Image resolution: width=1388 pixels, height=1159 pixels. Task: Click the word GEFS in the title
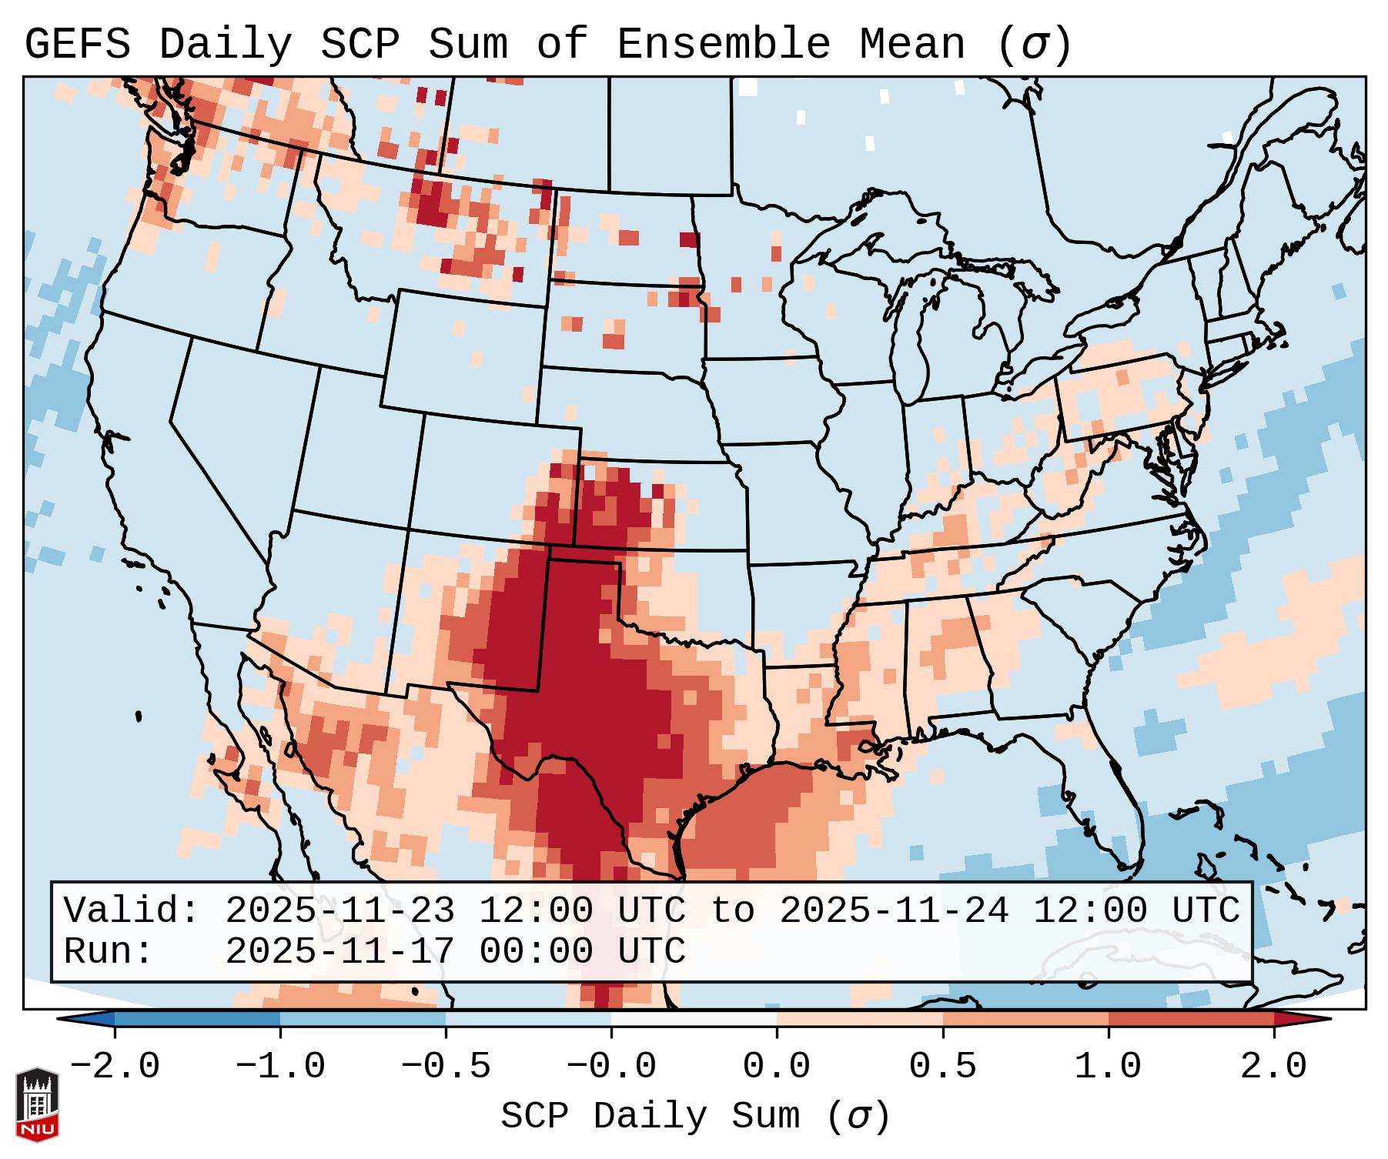[77, 45]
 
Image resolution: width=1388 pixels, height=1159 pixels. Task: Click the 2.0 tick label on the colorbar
[1274, 1067]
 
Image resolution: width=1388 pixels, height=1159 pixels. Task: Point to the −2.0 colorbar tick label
[115, 1067]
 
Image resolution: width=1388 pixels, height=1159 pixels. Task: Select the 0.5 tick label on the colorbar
[942, 1067]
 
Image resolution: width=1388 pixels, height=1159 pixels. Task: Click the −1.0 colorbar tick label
[280, 1067]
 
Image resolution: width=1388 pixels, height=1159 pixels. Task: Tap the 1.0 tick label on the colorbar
[1108, 1067]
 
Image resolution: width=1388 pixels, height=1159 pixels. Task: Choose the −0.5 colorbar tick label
[446, 1067]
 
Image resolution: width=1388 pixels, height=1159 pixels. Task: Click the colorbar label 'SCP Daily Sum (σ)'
[695, 1117]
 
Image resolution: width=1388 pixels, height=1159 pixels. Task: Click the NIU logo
[37, 1104]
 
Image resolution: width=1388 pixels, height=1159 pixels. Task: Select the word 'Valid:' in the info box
[132, 910]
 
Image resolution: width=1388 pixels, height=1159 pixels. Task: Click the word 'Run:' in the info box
[109, 951]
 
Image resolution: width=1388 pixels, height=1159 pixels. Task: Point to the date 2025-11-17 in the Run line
[339, 951]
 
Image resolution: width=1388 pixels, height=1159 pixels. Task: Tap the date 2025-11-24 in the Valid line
[894, 910]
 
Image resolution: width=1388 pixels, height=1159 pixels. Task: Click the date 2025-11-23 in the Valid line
[339, 910]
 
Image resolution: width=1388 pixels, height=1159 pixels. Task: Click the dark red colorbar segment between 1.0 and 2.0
[1191, 1019]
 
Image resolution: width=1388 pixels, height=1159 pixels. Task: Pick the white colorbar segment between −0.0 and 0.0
[694, 1019]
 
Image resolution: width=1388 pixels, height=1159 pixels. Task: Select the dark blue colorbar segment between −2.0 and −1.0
[197, 1019]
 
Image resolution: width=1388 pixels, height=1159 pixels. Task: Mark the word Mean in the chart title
[912, 45]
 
